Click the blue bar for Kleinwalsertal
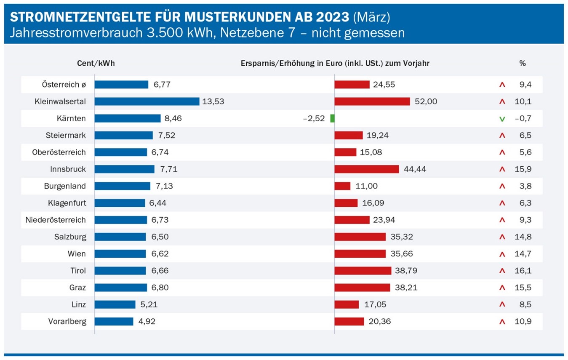[x=147, y=101]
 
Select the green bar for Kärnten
[x=332, y=118]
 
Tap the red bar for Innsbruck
[x=366, y=169]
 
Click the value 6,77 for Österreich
[x=162, y=85]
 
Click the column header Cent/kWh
[x=96, y=63]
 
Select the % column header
[x=522, y=63]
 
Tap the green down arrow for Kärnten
[x=501, y=119]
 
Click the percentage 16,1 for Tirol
[x=523, y=270]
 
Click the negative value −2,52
[x=314, y=118]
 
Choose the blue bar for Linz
[x=115, y=304]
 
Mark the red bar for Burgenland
[x=342, y=186]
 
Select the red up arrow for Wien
[x=501, y=254]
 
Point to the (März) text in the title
[x=371, y=17]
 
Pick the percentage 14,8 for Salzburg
[x=523, y=237]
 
